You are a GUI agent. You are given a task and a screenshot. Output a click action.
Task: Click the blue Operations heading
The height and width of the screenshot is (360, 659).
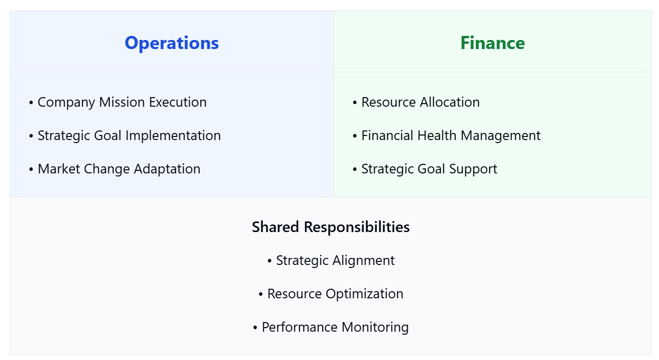tap(171, 43)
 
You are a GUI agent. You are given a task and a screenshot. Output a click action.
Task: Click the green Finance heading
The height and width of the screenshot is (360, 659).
tap(492, 43)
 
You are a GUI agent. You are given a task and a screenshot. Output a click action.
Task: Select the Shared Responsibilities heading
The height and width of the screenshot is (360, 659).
tap(331, 227)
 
